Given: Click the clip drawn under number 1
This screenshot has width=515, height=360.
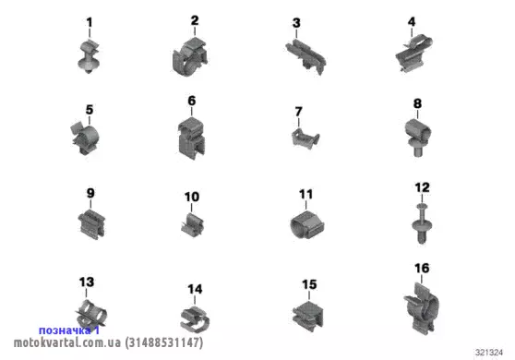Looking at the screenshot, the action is [89, 56].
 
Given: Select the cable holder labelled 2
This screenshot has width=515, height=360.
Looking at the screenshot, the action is [189, 57].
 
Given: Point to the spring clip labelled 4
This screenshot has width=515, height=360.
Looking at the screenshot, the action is [413, 54].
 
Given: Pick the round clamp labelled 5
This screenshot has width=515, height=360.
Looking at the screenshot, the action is [85, 138].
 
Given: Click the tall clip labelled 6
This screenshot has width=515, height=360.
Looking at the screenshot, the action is [191, 138].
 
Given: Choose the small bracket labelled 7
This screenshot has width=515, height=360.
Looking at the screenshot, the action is [305, 138].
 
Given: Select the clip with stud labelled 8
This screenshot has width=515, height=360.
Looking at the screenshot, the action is [417, 137].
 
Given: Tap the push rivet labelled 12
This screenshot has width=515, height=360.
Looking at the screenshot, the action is [422, 223].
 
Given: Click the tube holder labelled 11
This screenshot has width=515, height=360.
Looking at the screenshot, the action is [306, 225].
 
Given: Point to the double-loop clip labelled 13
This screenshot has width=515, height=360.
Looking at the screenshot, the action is [90, 313].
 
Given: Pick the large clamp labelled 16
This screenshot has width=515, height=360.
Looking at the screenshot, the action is [422, 307].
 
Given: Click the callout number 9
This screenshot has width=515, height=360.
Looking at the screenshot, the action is [90, 193].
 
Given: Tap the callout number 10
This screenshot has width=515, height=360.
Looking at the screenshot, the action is [192, 197].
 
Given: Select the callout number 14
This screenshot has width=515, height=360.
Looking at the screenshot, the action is [195, 289].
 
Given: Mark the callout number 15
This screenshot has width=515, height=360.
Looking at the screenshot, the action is [309, 284].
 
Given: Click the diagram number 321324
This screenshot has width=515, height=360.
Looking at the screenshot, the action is [489, 353].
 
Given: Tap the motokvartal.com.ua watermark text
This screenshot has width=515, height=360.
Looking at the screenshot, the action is [67, 342].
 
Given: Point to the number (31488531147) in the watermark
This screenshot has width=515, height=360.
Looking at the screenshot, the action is [164, 342].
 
